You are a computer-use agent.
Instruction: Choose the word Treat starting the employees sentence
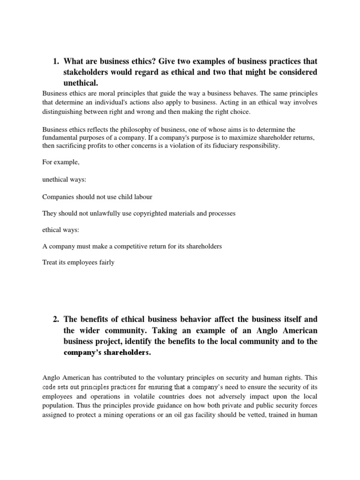coord(49,263)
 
